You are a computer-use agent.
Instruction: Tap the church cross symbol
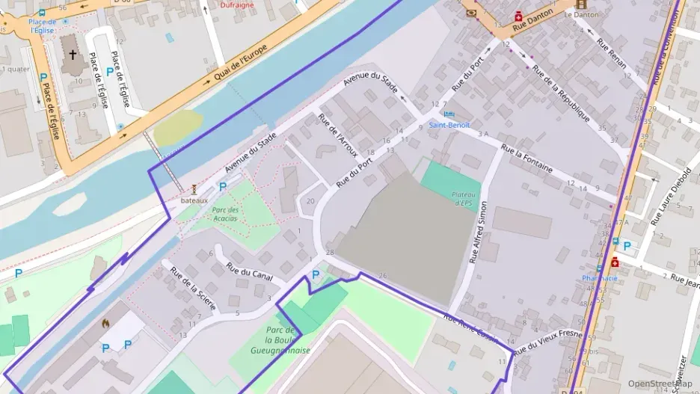[73, 55]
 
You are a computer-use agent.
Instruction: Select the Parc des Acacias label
[225, 214]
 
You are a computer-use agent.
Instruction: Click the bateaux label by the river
[193, 200]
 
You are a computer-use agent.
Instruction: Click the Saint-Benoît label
[449, 125]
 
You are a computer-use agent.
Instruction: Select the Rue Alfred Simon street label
[478, 232]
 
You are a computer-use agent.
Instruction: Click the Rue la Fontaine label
[526, 158]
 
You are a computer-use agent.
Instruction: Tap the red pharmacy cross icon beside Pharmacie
[615, 262]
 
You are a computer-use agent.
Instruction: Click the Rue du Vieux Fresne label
[547, 340]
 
